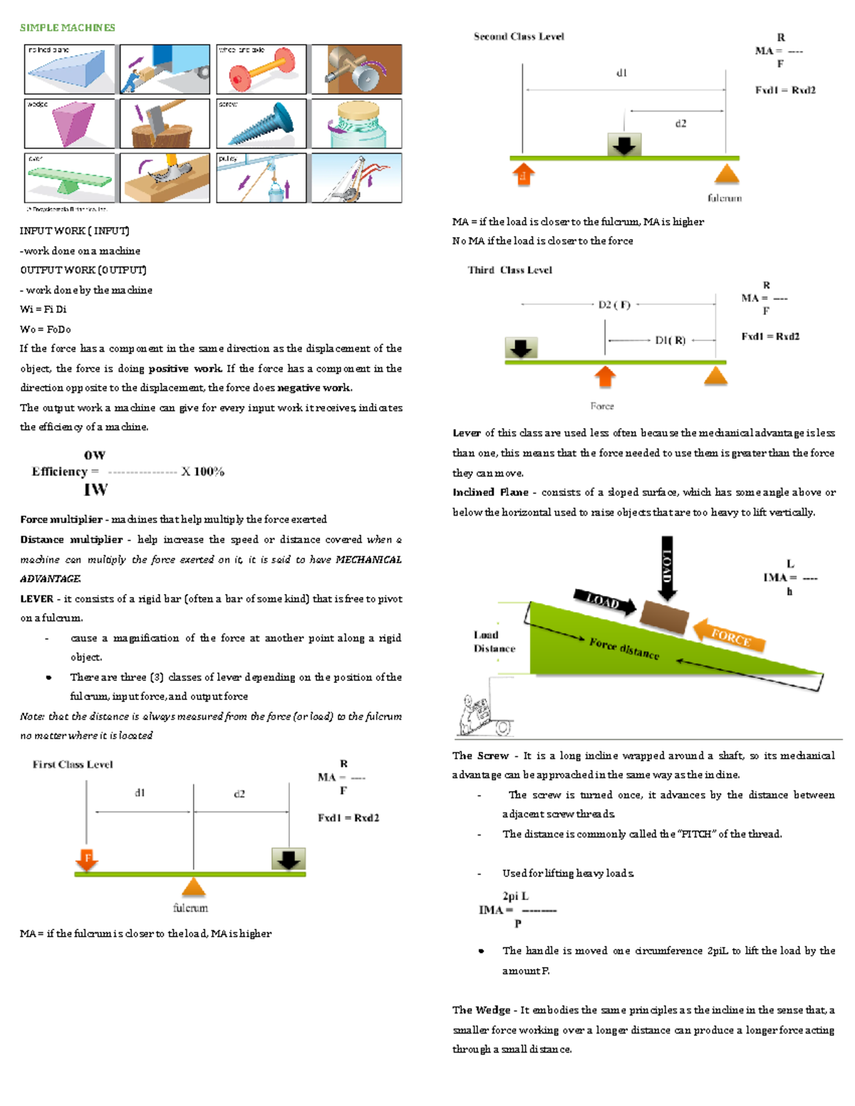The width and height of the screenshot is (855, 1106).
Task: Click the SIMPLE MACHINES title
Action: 67,28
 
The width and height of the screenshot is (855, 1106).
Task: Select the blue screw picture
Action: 261,124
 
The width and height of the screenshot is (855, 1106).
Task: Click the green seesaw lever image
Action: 69,179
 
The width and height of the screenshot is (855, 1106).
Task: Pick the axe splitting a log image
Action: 165,124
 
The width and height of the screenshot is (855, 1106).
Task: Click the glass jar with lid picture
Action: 357,124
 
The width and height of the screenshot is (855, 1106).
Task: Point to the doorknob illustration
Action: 357,70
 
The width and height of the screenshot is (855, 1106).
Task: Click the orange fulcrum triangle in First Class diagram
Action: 193,887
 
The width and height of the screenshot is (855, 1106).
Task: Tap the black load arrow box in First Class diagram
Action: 289,859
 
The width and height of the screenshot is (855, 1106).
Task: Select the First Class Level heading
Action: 73,765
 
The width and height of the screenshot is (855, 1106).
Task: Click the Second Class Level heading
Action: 519,36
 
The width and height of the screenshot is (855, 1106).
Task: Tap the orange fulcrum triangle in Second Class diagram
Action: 726,174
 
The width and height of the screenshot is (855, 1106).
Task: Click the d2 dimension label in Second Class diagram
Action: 680,124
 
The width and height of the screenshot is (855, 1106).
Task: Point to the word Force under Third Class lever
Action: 602,406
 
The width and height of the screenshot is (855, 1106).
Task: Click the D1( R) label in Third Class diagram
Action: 670,340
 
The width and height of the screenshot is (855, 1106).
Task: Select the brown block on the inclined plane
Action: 664,617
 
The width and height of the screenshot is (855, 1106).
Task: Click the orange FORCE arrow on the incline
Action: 729,635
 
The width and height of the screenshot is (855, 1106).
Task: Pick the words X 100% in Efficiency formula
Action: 202,471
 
